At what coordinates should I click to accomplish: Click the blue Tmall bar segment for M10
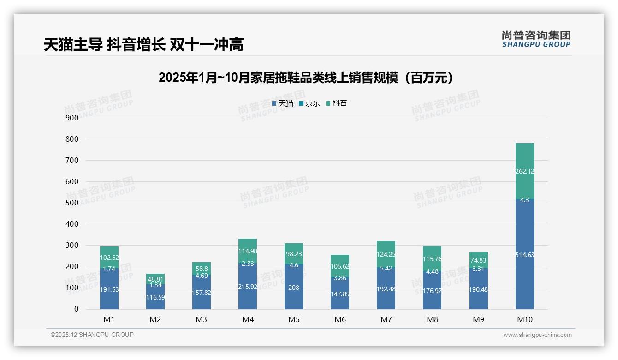coord(524,277)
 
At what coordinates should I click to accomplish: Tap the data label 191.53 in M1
coord(109,289)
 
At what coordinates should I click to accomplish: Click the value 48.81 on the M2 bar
coord(155,279)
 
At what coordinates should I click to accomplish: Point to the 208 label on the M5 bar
coord(294,288)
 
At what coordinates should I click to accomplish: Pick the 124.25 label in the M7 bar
coord(386,254)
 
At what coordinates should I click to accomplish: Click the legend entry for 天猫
coord(283,103)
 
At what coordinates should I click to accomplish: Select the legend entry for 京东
coord(309,103)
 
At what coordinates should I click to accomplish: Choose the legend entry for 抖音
coord(337,103)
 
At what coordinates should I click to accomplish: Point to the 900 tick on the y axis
coord(72,118)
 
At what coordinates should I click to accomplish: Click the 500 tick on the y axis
coord(72,203)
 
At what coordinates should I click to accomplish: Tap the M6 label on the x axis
coord(340,319)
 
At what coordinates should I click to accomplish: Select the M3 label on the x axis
coord(202,319)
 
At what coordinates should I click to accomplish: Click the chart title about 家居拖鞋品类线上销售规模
coord(308,78)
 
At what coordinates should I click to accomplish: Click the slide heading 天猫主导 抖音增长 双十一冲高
coord(143,45)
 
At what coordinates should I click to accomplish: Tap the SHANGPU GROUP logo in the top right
coord(536,39)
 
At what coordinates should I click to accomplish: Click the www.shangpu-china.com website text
coord(537,335)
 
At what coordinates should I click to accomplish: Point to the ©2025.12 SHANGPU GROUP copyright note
coord(92,335)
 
